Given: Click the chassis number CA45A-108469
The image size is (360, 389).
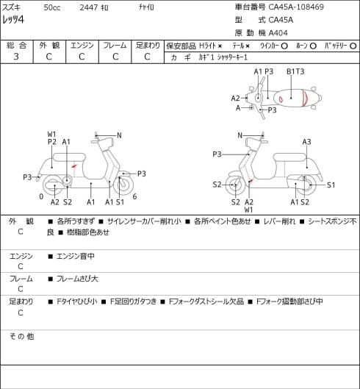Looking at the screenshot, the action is tap(296, 7).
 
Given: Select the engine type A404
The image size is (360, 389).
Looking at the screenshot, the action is tap(278, 33).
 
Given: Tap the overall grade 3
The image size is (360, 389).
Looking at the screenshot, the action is tap(16, 57).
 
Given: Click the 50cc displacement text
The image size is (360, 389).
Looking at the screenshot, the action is tap(52, 7).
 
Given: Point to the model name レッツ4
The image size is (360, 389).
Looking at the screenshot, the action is tap(13, 20).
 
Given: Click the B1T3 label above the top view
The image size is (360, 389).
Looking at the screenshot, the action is tap(295, 71).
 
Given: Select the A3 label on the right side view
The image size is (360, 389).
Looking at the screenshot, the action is tap(306, 142).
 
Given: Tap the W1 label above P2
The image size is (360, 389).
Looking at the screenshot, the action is tap(51, 135).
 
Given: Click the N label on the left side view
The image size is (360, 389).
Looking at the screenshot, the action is tap(119, 135).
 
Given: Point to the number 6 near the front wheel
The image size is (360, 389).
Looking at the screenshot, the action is tap(134, 196).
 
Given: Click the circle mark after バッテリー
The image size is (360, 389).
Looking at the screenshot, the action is tap(353, 46).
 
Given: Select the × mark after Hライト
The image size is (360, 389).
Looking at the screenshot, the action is tap(220, 46).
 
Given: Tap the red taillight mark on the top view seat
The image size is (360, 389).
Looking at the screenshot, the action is tap(305, 99).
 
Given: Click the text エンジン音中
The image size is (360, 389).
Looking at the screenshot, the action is tap(76, 256).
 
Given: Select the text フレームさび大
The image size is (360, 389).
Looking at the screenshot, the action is tap(77, 279).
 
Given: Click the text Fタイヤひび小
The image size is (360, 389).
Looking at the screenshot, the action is tap(77, 301).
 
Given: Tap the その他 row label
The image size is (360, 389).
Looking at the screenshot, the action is tap(21, 336).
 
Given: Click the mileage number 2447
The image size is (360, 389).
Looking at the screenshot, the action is tap(89, 7).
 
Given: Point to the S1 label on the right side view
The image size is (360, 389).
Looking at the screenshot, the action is tap(331, 185).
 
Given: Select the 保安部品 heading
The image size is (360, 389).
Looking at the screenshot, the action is tap(181, 46).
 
